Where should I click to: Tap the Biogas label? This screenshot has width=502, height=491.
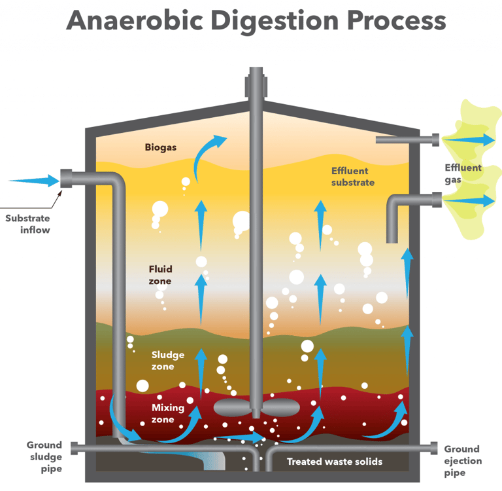pyautogui.click(x=161, y=147)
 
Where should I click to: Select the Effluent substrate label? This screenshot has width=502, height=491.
pyautogui.click(x=352, y=177)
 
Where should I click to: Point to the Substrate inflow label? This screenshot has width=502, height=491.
pyautogui.click(x=27, y=224)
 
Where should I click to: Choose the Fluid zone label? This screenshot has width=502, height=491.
pyautogui.click(x=160, y=275)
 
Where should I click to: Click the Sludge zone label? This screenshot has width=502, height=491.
pyautogui.click(x=168, y=361)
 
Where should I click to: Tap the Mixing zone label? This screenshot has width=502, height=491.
pyautogui.click(x=168, y=414)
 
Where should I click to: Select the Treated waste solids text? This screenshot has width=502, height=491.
pyautogui.click(x=335, y=462)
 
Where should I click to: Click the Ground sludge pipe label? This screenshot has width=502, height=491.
pyautogui.click(x=44, y=457)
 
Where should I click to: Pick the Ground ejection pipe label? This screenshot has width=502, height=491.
pyautogui.click(x=462, y=461)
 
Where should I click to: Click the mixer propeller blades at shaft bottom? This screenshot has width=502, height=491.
pyautogui.click(x=256, y=407)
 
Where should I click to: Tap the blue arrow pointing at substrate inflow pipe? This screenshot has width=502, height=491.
pyautogui.click(x=34, y=180)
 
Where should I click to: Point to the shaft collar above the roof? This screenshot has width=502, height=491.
pyautogui.click(x=256, y=84)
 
